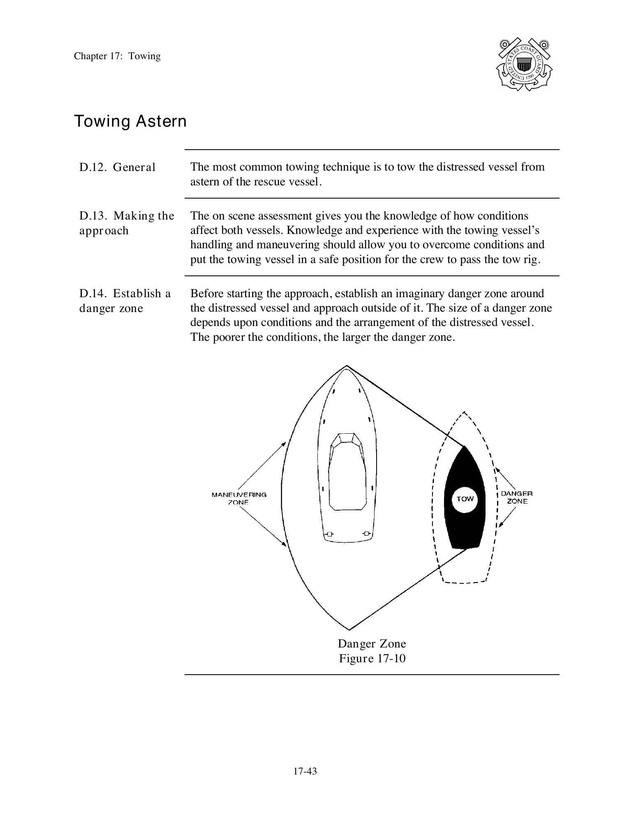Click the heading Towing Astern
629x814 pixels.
130,121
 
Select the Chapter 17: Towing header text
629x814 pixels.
117,56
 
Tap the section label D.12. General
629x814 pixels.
118,167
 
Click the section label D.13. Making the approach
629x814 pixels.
127,223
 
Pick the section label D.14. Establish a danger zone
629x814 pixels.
125,301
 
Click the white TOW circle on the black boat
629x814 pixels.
465,499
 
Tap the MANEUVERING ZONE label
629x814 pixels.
239,498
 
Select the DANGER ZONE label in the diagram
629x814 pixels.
517,497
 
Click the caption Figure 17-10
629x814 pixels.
372,659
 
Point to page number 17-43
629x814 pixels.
305,771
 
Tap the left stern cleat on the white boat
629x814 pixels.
329,534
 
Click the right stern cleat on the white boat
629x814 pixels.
367,534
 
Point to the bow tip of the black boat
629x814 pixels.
464,447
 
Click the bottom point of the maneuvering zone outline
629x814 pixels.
349,629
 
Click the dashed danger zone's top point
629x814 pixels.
464,412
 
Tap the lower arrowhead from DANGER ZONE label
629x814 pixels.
501,525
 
